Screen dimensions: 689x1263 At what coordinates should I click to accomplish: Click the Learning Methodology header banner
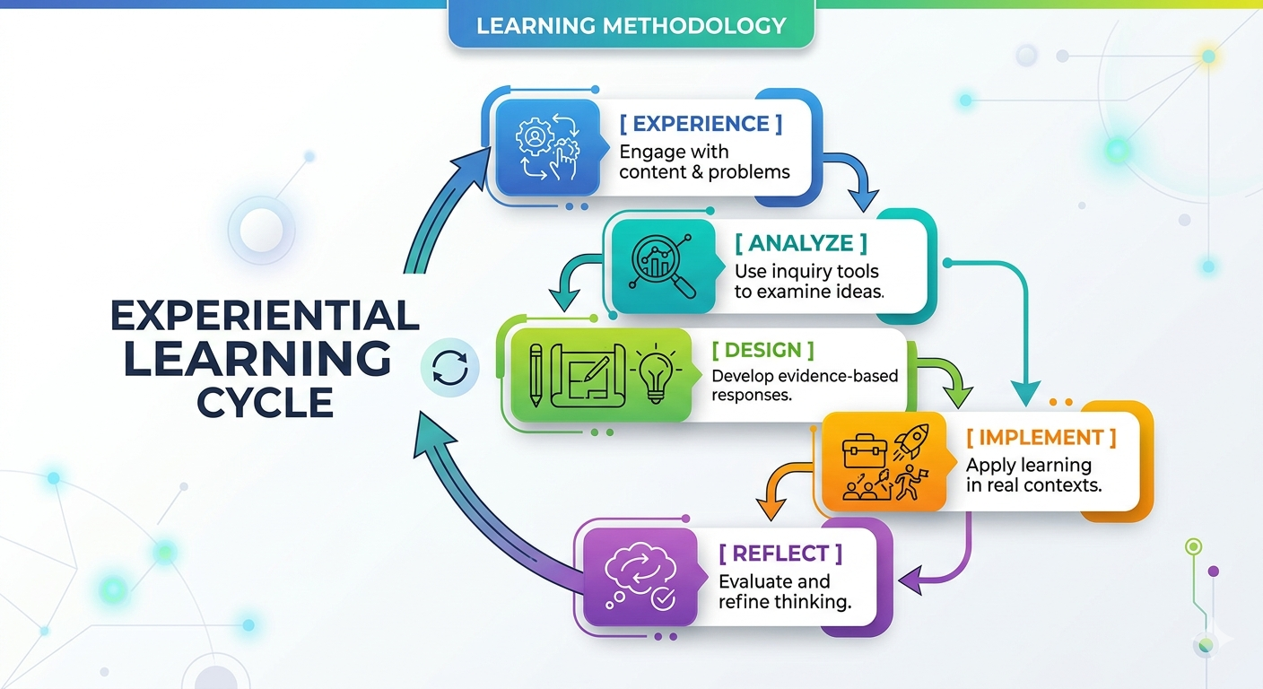tap(631, 25)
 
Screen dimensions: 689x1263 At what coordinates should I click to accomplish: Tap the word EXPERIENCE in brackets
tap(701, 125)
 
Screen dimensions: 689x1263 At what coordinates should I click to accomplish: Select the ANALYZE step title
tap(801, 243)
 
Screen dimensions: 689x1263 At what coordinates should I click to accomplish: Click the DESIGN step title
tap(762, 350)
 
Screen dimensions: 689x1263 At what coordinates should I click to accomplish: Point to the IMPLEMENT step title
tap(1041, 438)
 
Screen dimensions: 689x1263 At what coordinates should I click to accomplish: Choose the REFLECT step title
tap(780, 554)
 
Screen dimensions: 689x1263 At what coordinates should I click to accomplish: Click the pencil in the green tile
tap(536, 374)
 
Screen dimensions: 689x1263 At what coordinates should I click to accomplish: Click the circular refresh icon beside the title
tap(449, 368)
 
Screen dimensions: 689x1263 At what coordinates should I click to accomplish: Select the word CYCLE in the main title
tap(265, 403)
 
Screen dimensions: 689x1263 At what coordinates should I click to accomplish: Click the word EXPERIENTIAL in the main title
tap(265, 316)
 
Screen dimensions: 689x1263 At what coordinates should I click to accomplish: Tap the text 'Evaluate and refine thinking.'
tap(784, 591)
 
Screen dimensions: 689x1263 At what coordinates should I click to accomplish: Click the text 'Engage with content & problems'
tap(704, 161)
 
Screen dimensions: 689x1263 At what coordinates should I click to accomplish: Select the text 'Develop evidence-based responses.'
tap(804, 385)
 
